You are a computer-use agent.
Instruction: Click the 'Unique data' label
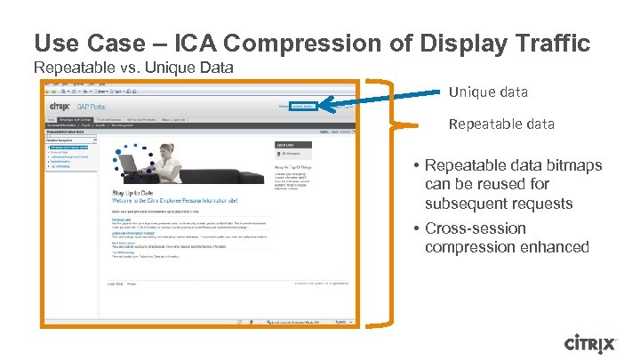pos(488,92)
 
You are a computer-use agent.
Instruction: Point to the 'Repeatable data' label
pos(501,124)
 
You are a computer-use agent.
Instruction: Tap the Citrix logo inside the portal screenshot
pos(60,108)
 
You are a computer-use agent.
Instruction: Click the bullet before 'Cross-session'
pos(416,228)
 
